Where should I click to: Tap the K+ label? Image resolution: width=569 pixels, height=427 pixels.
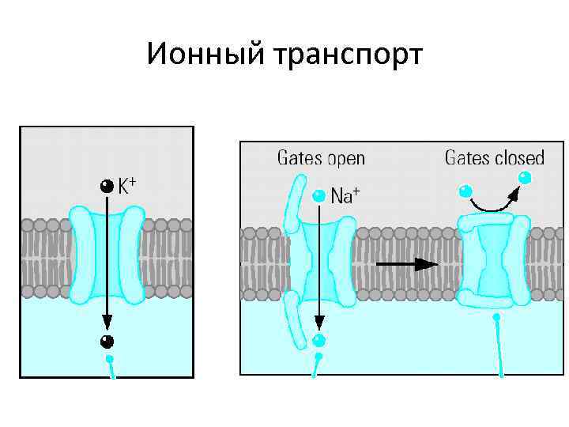point(127,187)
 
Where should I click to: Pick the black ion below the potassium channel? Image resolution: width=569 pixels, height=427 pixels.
point(107,342)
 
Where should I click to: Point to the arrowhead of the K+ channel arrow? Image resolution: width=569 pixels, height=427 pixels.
point(107,323)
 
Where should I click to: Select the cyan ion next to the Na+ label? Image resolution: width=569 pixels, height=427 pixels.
point(318,195)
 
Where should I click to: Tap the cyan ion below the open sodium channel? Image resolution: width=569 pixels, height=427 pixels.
point(318,341)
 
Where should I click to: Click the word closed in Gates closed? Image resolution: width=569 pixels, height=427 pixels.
point(518,158)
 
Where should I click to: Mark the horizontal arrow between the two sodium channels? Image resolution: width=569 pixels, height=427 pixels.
point(405,264)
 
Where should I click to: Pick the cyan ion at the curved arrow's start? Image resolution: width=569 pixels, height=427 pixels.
point(465,191)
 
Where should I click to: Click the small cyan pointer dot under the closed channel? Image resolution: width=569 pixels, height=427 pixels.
point(496,318)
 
